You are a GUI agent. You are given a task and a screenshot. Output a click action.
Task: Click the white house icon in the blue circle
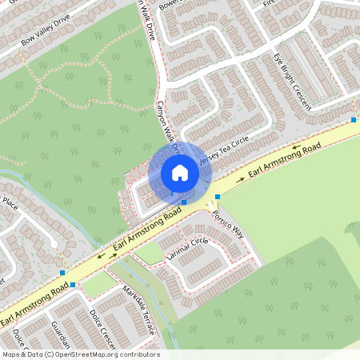click(x=179, y=172)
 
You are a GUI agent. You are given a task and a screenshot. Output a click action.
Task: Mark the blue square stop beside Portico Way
click(x=217, y=197)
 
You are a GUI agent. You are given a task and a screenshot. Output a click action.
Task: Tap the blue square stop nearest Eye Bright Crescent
click(x=354, y=120)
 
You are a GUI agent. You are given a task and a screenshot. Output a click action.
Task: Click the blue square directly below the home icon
click(x=184, y=202)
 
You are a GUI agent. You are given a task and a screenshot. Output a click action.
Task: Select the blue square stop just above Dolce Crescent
click(x=73, y=284)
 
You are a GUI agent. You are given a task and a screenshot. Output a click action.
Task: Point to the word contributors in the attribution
click(x=138, y=354)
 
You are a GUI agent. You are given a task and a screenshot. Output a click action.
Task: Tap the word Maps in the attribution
click(x=12, y=354)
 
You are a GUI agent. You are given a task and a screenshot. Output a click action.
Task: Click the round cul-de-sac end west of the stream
click(x=24, y=218)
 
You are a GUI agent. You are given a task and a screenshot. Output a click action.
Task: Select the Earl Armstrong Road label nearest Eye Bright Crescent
click(x=285, y=160)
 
